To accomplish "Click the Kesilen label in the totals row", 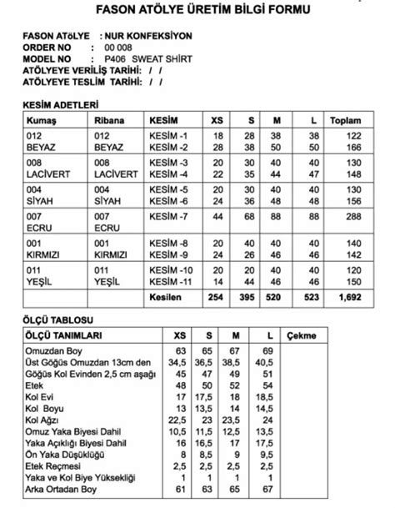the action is click(x=165, y=298).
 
